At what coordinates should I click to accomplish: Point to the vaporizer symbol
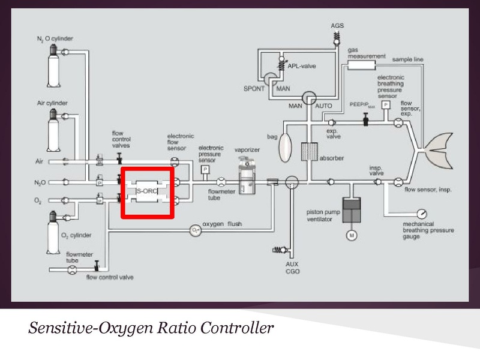tap(246, 177)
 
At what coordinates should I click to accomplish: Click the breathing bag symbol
tap(286, 143)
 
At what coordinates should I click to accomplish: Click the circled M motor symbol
tap(350, 235)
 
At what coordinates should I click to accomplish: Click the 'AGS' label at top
tap(338, 26)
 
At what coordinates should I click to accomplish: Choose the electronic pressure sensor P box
tap(205, 169)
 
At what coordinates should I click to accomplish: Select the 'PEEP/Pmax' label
tap(362, 104)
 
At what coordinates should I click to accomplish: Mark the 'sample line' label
tap(408, 59)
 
